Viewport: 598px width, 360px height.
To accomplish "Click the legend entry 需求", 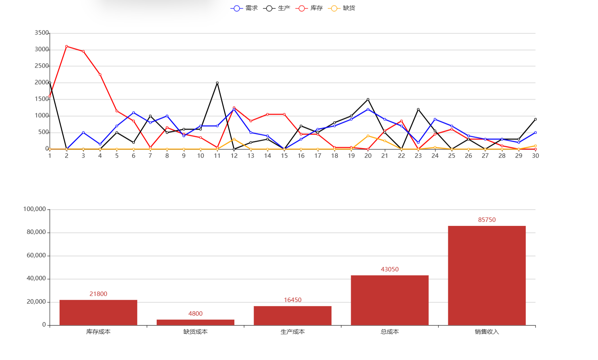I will [244, 8].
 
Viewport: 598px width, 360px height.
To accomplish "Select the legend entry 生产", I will [277, 8].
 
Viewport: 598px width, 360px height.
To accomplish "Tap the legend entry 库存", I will [309, 8].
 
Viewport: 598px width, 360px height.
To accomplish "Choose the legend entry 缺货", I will [342, 8].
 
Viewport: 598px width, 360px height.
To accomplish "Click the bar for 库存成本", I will [98, 312].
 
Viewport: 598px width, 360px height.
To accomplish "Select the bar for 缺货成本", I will [195, 322].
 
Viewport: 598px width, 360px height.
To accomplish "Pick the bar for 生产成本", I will [292, 316].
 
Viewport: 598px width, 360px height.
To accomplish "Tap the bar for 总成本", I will [389, 300].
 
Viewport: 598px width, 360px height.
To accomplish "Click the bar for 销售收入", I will [486, 275].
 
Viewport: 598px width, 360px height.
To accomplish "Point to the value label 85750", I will [486, 220].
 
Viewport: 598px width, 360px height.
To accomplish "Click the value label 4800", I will [195, 314].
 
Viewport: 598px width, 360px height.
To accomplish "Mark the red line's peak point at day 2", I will [66, 46].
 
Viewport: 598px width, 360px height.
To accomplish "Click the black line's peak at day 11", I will [217, 83].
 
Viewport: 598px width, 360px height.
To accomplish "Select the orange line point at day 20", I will [368, 136].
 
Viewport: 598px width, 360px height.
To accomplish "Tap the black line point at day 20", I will [368, 99].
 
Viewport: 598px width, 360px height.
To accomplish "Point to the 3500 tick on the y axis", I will [41, 33].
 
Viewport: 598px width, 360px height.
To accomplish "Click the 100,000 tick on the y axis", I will [35, 209].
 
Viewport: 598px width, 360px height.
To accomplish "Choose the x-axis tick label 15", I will [284, 156].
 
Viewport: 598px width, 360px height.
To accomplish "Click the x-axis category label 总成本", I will [389, 332].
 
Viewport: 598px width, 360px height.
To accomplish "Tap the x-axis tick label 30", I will [535, 156].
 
